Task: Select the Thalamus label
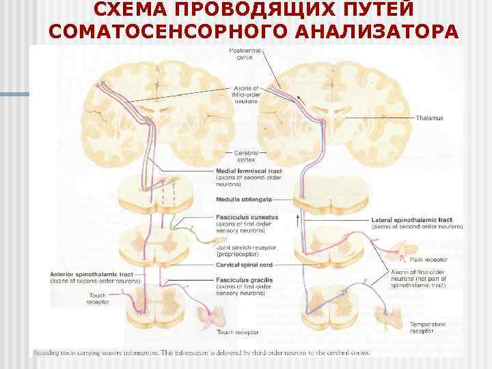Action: [x=429, y=118]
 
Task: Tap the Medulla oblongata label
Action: [x=244, y=199]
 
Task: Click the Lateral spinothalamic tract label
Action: [x=412, y=220]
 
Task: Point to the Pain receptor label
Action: [x=428, y=260]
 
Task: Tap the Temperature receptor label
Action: [x=428, y=327]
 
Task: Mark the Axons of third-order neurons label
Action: [x=246, y=94]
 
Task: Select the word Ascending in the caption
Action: [x=46, y=353]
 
